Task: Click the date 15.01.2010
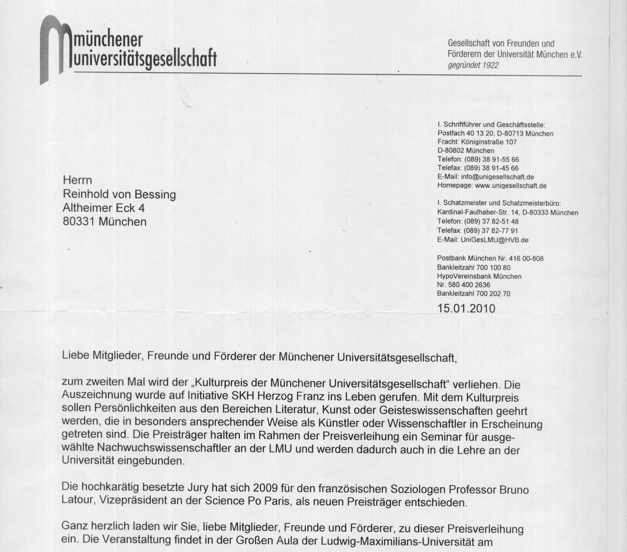466,308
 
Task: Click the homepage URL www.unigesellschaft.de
511,186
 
